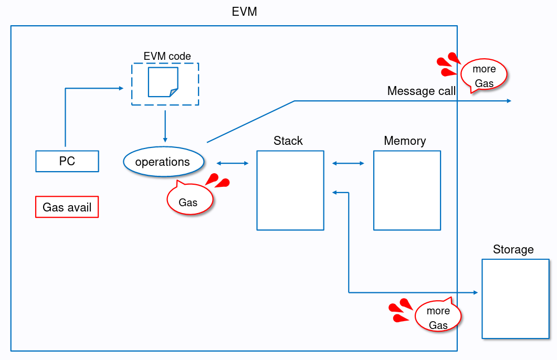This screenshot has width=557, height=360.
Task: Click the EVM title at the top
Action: (x=245, y=12)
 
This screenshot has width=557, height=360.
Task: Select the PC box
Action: (x=67, y=161)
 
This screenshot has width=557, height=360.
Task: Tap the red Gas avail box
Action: (x=67, y=207)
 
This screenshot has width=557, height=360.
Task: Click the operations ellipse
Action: (x=163, y=162)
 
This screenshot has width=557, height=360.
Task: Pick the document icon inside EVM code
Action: (x=163, y=82)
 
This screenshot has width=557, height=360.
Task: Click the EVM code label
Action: (x=167, y=56)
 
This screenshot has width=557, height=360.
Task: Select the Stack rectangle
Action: (x=290, y=190)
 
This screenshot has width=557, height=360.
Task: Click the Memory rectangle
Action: (x=407, y=190)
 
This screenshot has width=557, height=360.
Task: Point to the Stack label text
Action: (x=288, y=141)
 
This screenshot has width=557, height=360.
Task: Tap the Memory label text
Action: (x=405, y=141)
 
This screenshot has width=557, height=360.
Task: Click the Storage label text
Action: (x=513, y=249)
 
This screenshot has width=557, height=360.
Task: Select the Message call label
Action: (x=421, y=91)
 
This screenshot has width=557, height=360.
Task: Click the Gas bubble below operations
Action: (x=189, y=200)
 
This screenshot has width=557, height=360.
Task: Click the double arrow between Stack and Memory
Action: (x=349, y=164)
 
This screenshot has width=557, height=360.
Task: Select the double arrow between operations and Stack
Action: (x=233, y=164)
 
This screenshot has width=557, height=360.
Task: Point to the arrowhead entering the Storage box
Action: (x=476, y=292)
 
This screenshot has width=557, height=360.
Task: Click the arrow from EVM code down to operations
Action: (x=165, y=126)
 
